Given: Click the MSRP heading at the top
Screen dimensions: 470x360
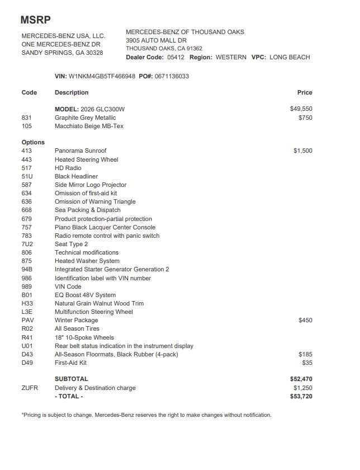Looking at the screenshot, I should point(36,20).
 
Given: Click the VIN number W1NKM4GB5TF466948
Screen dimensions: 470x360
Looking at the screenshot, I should point(102,76).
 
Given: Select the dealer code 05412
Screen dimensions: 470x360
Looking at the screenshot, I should point(176,57).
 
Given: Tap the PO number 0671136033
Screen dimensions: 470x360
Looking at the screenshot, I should point(172,76).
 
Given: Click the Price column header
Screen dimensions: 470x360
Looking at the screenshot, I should point(305,92).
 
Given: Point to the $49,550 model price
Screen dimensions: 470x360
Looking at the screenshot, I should point(301,109).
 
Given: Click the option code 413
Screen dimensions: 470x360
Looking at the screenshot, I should point(27,151).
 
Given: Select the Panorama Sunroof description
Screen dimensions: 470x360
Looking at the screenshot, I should point(80,151).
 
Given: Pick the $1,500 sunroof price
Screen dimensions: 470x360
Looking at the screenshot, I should point(303,151).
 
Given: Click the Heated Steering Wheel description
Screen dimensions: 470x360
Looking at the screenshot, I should point(87,159).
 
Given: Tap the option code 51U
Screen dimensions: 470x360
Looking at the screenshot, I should point(27,176).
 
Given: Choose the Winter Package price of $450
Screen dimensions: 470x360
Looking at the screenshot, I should point(305,321).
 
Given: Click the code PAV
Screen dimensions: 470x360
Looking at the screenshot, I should point(28,321).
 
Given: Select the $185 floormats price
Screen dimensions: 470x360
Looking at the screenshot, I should point(305,354).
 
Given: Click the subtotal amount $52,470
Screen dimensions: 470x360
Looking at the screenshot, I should point(301,379).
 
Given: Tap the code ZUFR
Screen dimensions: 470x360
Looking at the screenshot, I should point(30,388).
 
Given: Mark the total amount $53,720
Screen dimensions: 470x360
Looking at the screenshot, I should point(301,397).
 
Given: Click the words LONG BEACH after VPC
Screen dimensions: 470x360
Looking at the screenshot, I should point(290,57).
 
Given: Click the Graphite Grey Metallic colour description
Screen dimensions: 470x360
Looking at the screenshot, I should point(86,117).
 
